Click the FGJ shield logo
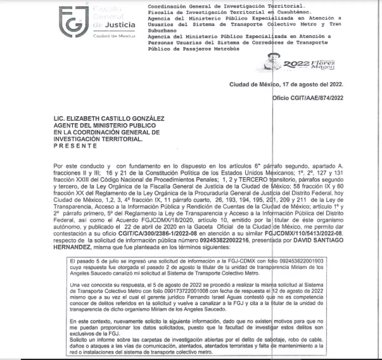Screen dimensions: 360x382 point(74,21)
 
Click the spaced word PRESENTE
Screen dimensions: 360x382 point(75,146)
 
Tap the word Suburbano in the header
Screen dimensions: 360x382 point(162,31)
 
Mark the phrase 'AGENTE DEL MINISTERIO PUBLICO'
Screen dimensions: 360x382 point(104,126)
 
